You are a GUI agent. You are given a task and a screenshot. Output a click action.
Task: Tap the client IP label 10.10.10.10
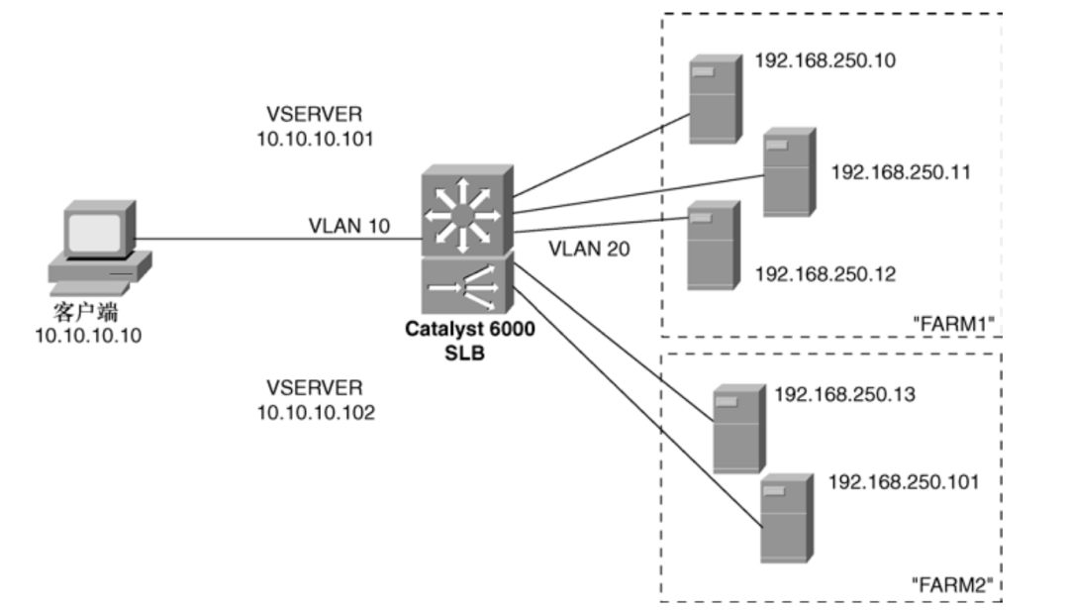[88, 337]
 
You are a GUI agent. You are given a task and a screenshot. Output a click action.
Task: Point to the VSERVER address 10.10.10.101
[316, 140]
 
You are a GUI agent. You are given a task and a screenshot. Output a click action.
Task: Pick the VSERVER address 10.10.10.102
[316, 413]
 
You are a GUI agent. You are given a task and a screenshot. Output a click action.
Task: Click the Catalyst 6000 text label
[470, 330]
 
